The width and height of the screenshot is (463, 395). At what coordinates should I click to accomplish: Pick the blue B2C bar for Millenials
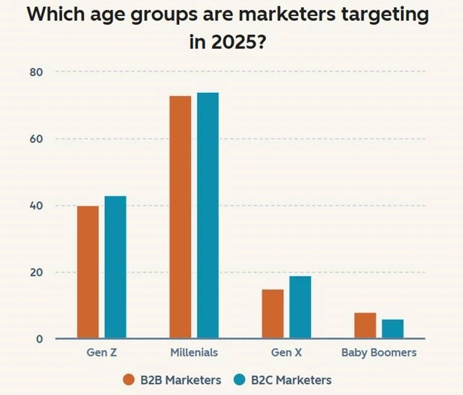207,215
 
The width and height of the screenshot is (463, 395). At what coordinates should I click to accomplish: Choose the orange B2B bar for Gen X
273,314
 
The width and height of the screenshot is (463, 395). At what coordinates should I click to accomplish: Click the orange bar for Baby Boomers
365,325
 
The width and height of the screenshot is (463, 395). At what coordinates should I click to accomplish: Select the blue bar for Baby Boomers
392,328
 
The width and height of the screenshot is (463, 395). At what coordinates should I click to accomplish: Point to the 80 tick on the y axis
36,72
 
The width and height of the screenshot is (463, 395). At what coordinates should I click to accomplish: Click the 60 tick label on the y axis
36,139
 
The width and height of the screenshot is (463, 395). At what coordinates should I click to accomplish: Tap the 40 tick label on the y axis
36,205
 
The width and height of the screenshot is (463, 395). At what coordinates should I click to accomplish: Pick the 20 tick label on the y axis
36,272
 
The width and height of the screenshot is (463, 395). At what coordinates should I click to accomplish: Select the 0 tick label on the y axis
39,339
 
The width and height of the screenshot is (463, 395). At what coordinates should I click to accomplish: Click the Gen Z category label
101,353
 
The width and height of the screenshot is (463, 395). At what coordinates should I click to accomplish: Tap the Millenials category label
193,353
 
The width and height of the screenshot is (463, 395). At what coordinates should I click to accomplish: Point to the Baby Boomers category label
379,353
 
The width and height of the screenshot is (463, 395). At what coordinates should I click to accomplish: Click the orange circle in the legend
129,380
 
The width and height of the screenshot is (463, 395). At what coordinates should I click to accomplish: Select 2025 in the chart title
237,44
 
